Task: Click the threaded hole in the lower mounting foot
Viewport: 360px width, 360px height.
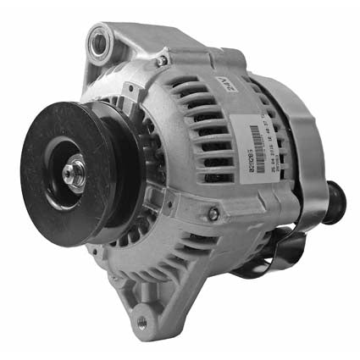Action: pos(141,323)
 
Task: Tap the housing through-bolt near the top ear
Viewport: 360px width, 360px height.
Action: pos(160,61)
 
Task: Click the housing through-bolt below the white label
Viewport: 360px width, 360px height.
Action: pos(213,213)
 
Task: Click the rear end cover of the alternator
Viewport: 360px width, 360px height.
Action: pos(288,152)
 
